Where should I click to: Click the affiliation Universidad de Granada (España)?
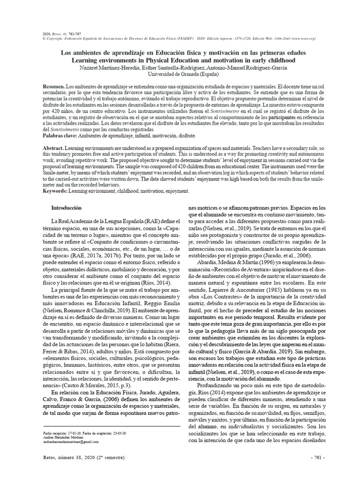180,74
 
